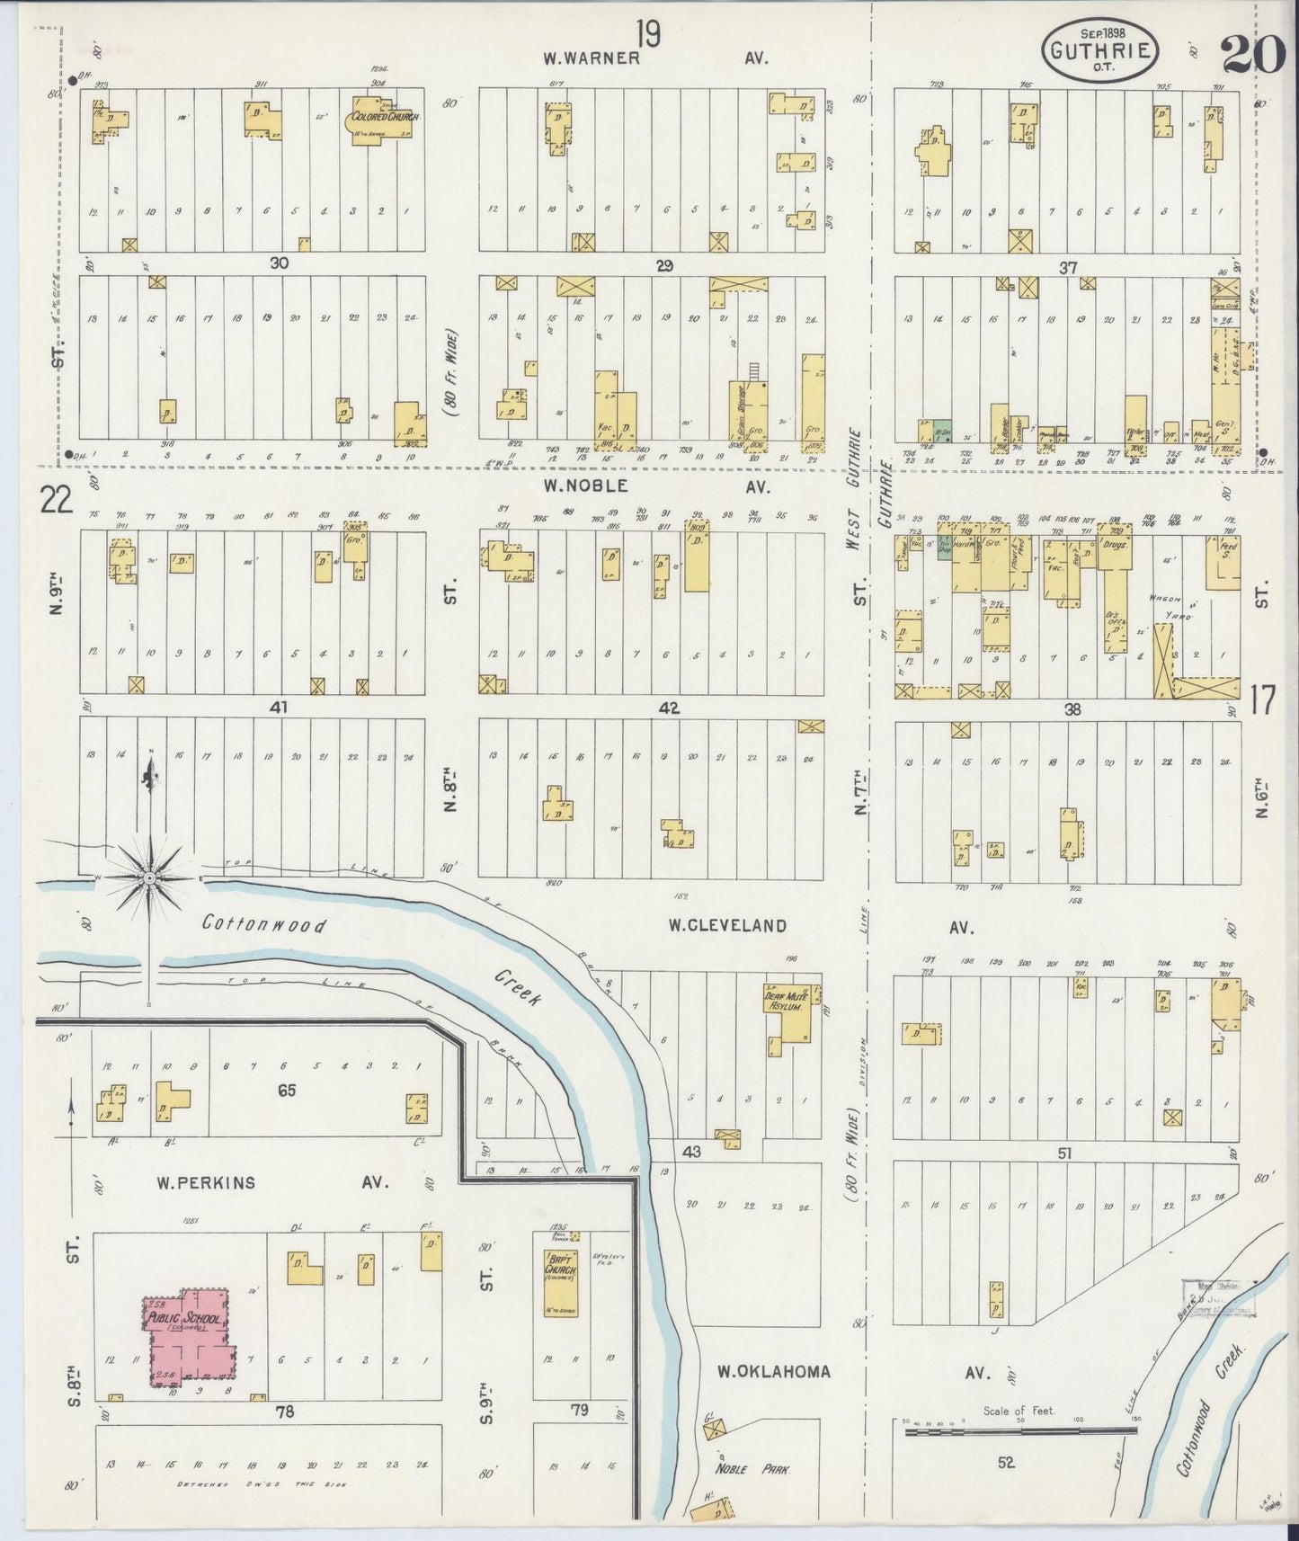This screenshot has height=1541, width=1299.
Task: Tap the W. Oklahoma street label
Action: (x=773, y=1372)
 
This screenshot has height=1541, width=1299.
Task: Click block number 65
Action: (x=287, y=1091)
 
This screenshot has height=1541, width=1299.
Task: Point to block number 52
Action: (x=1005, y=1463)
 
